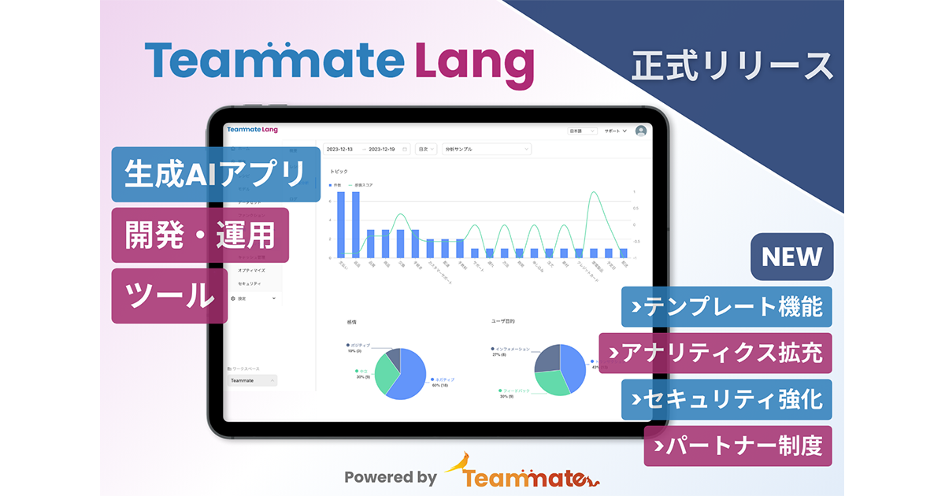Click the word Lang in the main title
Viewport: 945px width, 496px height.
click(474, 62)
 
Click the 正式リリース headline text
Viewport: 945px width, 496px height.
click(732, 66)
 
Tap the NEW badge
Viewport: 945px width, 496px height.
click(791, 257)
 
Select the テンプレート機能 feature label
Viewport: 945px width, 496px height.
click(726, 307)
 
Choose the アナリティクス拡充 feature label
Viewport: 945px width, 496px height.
click(715, 353)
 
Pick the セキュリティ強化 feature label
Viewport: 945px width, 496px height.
click(726, 399)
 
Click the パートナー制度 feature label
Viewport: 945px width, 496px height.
click(737, 446)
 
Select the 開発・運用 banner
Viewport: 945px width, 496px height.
click(200, 235)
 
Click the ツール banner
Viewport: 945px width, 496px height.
click(169, 295)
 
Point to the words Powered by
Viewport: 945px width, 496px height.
click(390, 476)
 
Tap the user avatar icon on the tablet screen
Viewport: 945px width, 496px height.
click(641, 131)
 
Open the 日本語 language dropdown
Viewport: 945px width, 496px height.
click(583, 131)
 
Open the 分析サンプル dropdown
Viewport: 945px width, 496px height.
click(487, 149)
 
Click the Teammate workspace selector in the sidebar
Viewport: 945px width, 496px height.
click(252, 380)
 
